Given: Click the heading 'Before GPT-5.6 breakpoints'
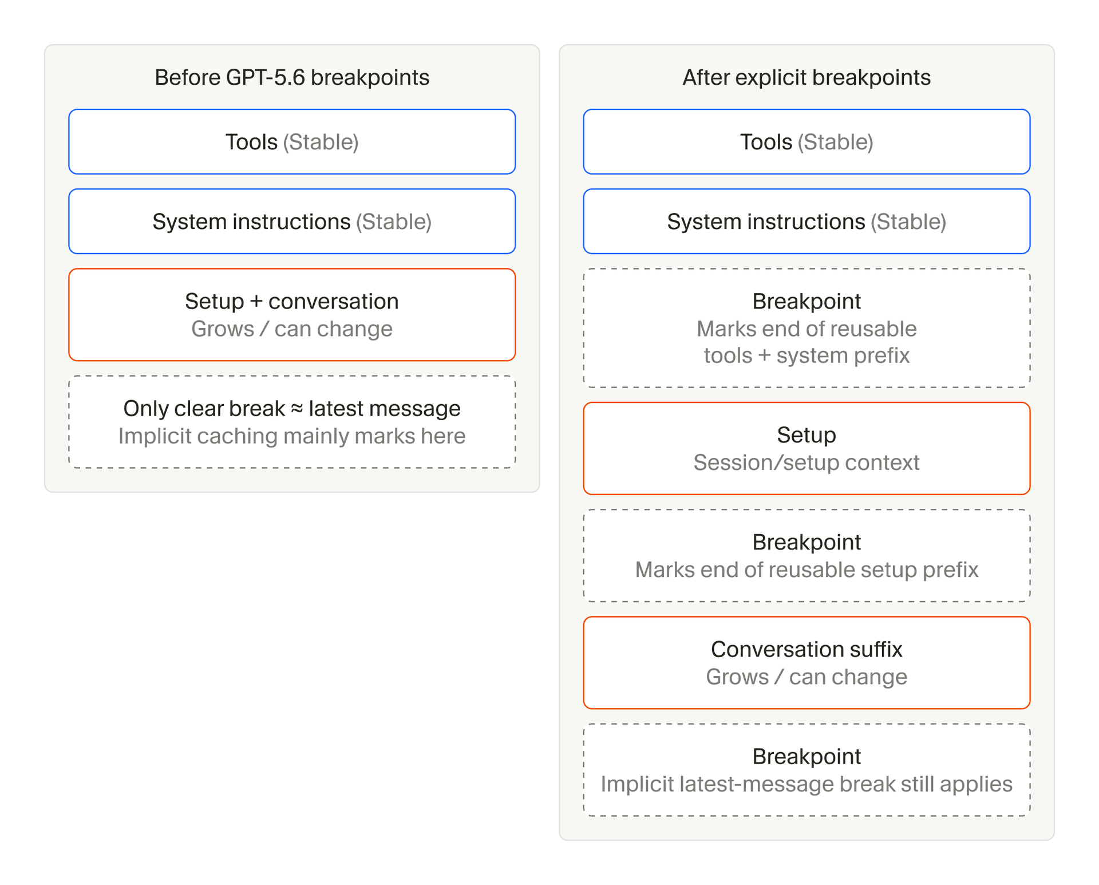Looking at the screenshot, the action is (292, 77).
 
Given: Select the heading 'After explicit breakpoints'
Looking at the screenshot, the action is (807, 77).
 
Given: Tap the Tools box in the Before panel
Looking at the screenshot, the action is (292, 141).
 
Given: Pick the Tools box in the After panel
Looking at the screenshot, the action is (807, 141).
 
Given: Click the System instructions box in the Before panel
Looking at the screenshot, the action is (292, 221).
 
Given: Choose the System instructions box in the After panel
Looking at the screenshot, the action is (807, 221).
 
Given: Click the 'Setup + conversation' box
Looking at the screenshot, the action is (292, 315).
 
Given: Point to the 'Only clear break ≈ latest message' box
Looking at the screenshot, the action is (292, 422).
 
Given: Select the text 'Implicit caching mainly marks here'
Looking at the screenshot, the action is (292, 436).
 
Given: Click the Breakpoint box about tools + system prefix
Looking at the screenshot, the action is (807, 328).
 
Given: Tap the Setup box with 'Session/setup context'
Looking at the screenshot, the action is (807, 448).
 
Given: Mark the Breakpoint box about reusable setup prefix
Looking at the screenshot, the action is (807, 555).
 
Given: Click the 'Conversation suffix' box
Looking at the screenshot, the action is (807, 662).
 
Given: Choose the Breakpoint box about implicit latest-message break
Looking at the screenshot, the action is (807, 770).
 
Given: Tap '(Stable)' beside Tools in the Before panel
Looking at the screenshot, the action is (321, 142).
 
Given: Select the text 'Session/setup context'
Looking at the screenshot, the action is (807, 463).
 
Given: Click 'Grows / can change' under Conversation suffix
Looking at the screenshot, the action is (807, 677).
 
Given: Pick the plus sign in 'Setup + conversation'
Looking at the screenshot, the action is (256, 302).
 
